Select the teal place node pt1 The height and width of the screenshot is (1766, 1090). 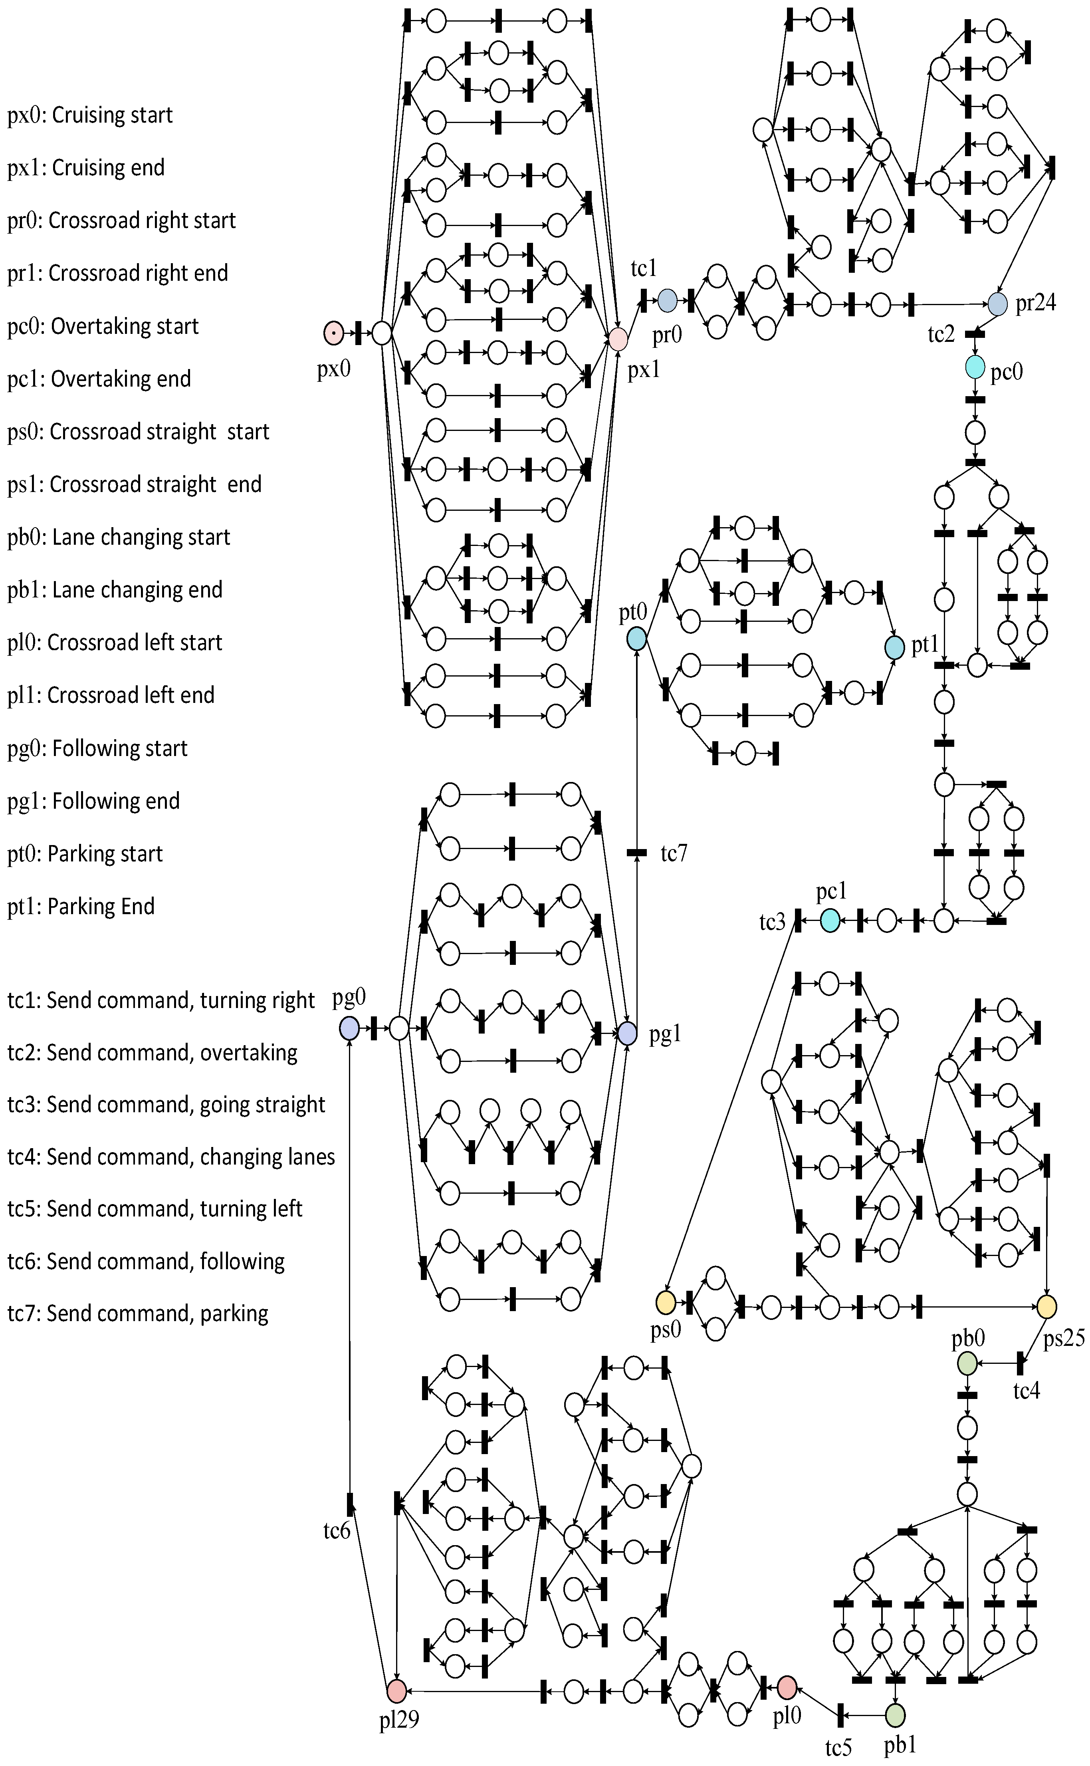coord(895,647)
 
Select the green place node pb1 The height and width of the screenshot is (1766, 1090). coord(895,1714)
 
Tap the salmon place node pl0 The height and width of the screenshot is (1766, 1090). coord(787,1687)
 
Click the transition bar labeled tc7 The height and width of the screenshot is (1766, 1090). coord(636,853)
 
